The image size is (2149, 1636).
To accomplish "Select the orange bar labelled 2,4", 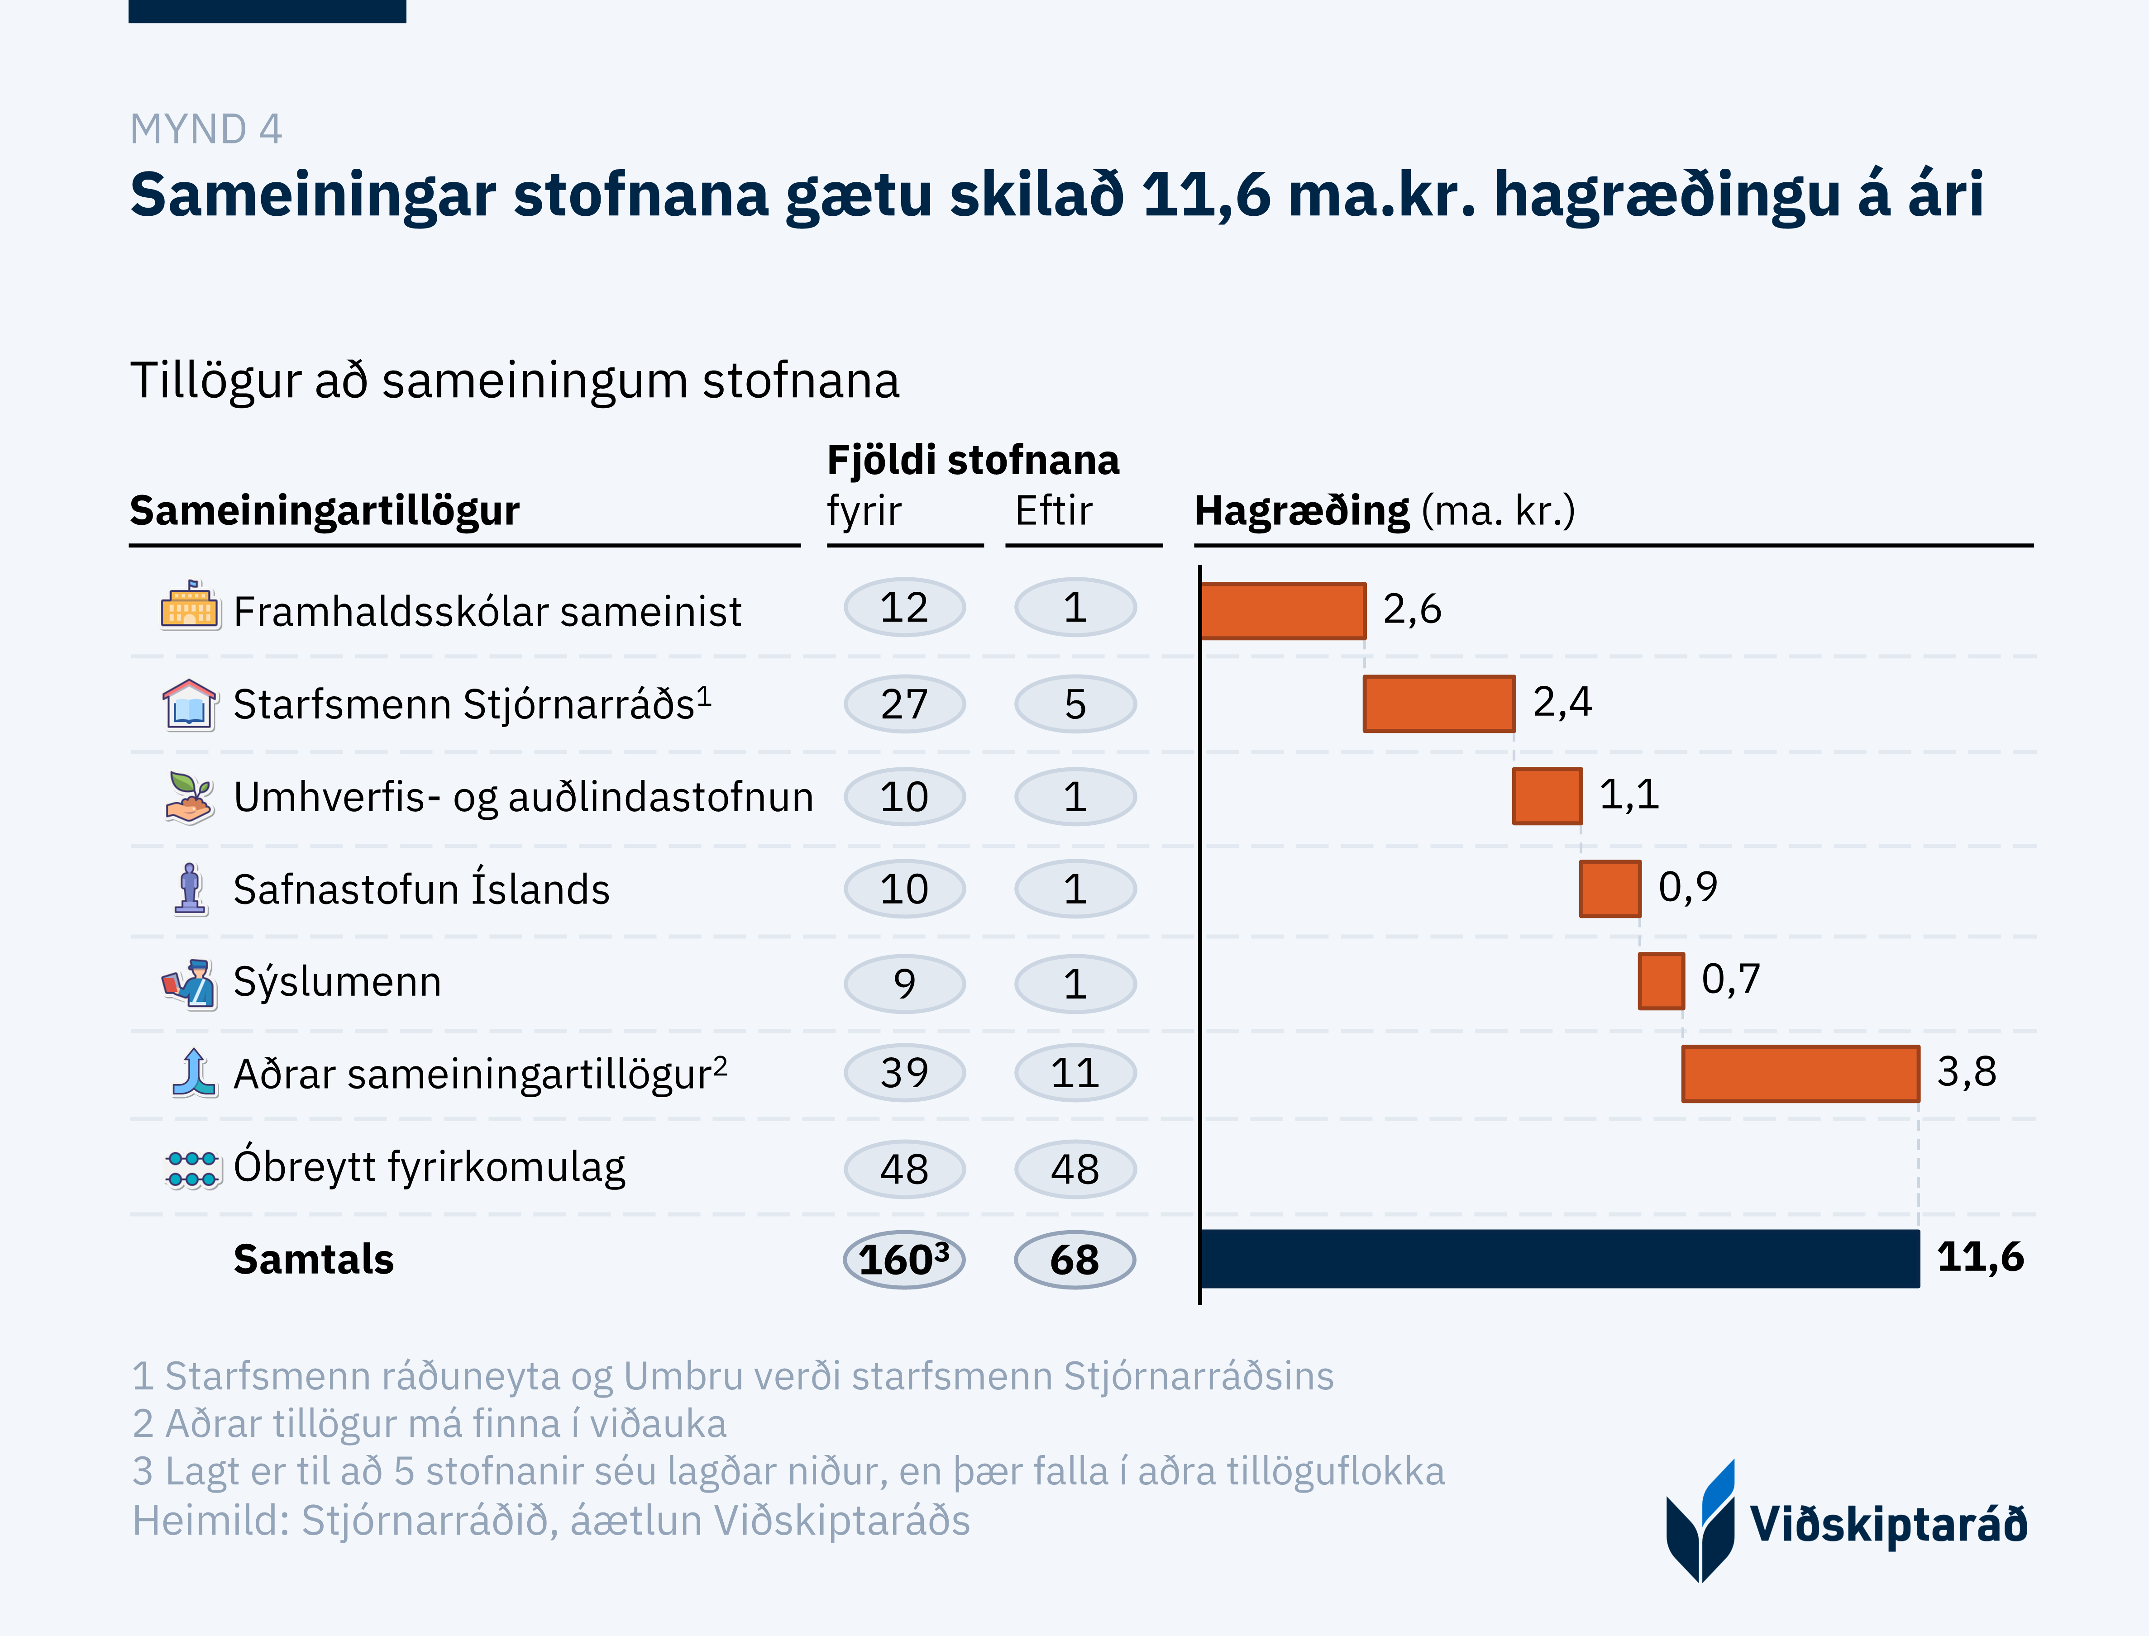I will pos(1439,703).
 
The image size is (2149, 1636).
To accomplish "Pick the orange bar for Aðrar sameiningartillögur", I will pos(1800,1073).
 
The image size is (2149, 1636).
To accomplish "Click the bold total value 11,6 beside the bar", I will pos(1979,1257).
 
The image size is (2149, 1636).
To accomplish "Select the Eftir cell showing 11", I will pos(1074,1073).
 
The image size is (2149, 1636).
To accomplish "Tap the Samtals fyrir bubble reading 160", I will pos(904,1260).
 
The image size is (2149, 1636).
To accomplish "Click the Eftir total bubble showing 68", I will pos(1074,1260).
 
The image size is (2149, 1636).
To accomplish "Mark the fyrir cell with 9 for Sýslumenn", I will pos(904,984).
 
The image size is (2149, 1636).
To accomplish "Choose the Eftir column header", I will pos(1053,510).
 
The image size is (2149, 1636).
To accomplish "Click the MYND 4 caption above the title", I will pos(205,129).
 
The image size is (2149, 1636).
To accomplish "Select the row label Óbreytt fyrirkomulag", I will pos(429,1167).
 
